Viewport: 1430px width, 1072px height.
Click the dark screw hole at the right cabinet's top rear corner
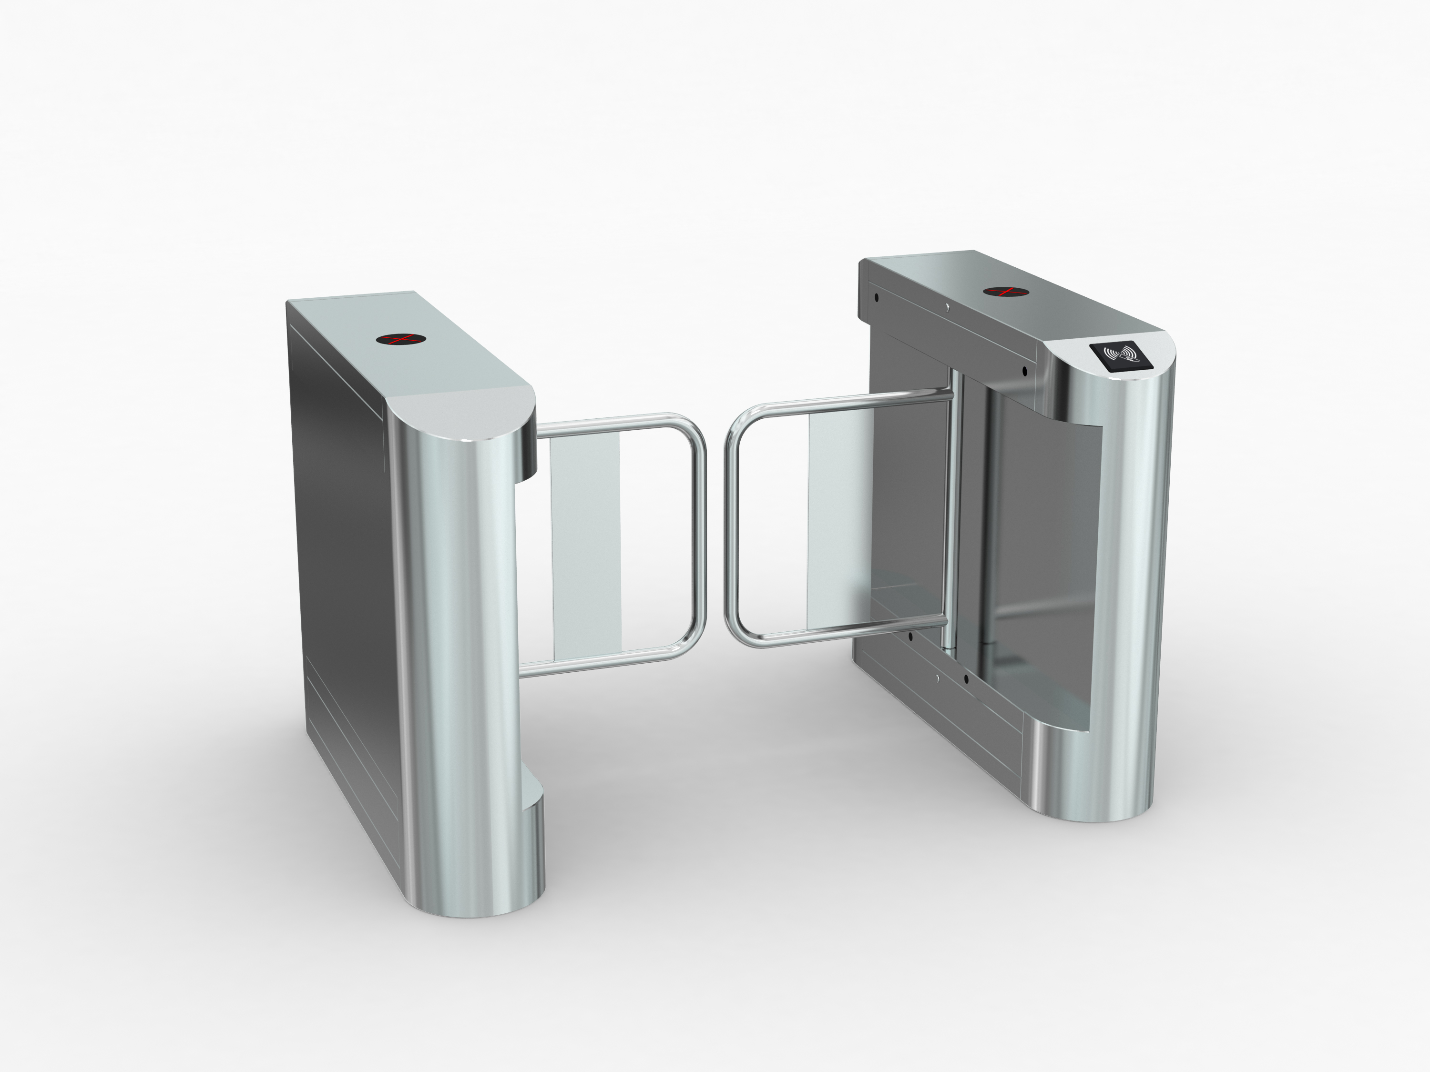click(x=876, y=298)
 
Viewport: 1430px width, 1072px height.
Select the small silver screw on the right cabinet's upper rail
click(x=947, y=308)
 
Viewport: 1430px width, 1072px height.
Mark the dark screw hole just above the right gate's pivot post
click(x=1024, y=371)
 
